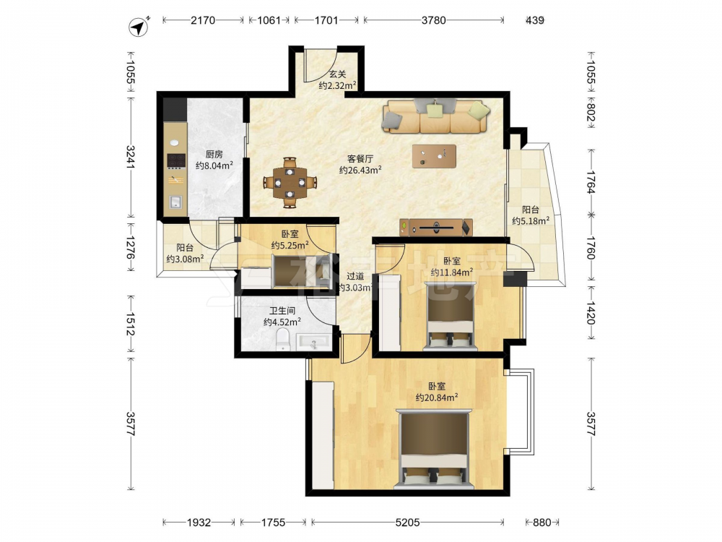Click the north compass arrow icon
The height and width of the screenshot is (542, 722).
click(139, 27)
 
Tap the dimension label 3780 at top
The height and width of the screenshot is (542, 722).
click(434, 20)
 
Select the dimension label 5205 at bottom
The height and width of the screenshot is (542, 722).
click(407, 522)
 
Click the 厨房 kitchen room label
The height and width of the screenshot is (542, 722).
click(214, 155)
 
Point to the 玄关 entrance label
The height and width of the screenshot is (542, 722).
click(337, 74)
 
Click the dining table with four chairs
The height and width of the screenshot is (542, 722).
click(290, 183)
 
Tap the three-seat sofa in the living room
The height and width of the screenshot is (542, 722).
click(435, 116)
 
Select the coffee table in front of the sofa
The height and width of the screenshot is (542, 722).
click(434, 156)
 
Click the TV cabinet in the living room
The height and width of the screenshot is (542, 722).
click(436, 227)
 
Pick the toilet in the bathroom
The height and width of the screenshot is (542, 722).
click(282, 340)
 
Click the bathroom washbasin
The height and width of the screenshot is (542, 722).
click(313, 343)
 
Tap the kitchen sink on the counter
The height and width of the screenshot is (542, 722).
click(175, 202)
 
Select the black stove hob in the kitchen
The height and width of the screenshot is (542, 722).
click(176, 160)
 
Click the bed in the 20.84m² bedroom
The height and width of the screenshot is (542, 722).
click(434, 449)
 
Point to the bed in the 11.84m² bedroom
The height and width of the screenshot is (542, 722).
click(451, 316)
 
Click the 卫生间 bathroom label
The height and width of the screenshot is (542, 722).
click(282, 311)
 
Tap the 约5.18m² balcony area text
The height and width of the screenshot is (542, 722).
click(531, 221)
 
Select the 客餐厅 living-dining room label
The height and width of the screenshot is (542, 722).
click(360, 159)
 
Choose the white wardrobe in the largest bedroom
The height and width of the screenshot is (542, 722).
click(322, 435)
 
